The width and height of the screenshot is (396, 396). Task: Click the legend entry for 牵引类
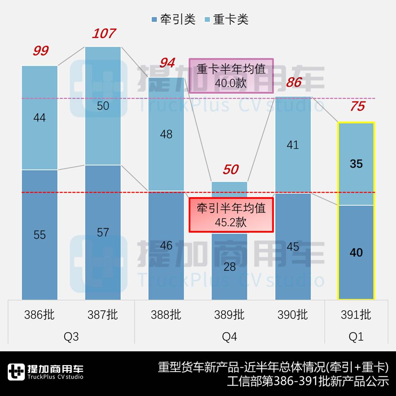(173, 19)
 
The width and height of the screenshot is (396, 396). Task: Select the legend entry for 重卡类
(226, 19)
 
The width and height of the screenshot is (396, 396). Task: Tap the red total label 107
(103, 34)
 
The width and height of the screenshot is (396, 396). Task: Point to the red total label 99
(40, 51)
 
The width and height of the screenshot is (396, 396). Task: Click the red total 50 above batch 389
(230, 169)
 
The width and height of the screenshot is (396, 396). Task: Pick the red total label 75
(357, 106)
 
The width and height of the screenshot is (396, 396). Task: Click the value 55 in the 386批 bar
(39, 235)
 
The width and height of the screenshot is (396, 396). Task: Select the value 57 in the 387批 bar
(103, 232)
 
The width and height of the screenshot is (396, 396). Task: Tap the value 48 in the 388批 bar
(166, 134)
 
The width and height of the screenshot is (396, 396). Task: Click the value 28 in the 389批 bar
(230, 266)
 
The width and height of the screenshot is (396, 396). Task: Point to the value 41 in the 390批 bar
(293, 145)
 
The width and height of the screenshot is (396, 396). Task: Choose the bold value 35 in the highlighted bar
(356, 164)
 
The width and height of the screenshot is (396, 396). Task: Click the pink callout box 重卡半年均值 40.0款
(231, 76)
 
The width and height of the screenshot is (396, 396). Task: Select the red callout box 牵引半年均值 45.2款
(231, 215)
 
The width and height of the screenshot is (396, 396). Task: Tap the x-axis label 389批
(229, 315)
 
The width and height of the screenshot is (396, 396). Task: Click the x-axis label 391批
(356, 315)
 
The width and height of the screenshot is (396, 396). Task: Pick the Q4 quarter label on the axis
(229, 337)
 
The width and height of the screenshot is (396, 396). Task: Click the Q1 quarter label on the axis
(356, 337)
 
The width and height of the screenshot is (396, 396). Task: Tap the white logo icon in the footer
(16, 372)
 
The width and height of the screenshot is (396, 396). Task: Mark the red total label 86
(294, 82)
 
